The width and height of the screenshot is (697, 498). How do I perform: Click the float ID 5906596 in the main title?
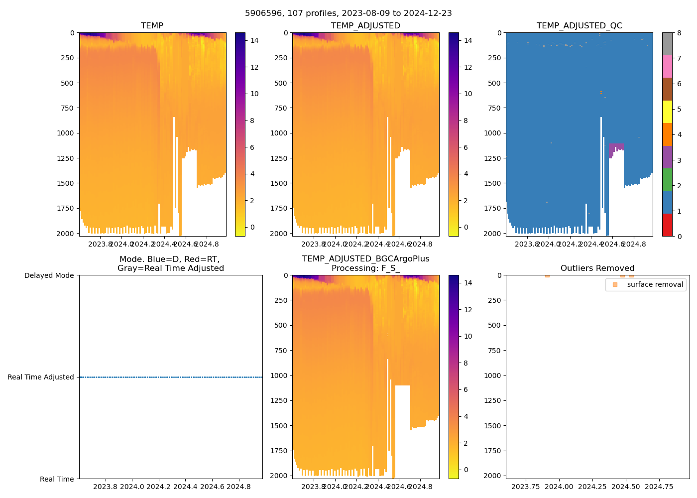[x=261, y=13]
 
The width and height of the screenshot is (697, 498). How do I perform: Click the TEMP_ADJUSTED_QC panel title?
[x=579, y=25]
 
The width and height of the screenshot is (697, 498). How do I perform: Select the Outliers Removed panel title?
[x=597, y=268]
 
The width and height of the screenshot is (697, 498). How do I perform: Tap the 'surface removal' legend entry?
[x=655, y=285]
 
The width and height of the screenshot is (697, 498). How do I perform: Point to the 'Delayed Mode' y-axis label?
[x=49, y=275]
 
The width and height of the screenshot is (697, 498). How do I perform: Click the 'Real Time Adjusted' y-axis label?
[x=41, y=377]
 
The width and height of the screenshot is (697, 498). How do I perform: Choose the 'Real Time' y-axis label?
[x=57, y=479]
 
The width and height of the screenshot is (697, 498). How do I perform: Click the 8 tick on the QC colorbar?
[x=679, y=33]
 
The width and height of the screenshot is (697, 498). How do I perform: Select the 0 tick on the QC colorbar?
[x=679, y=236]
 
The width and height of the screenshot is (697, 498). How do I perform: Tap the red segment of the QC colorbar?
[x=667, y=225]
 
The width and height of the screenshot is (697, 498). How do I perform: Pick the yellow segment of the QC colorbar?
[x=667, y=112]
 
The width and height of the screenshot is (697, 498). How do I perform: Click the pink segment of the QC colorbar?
[x=667, y=66]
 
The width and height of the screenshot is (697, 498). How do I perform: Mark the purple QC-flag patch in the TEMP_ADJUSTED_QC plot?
[x=616, y=148]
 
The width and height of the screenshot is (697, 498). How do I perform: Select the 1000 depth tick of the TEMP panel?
[x=66, y=133]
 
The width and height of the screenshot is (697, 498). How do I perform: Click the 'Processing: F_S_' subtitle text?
[x=365, y=268]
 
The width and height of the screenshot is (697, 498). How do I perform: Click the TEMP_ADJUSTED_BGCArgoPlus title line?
[x=365, y=259]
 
